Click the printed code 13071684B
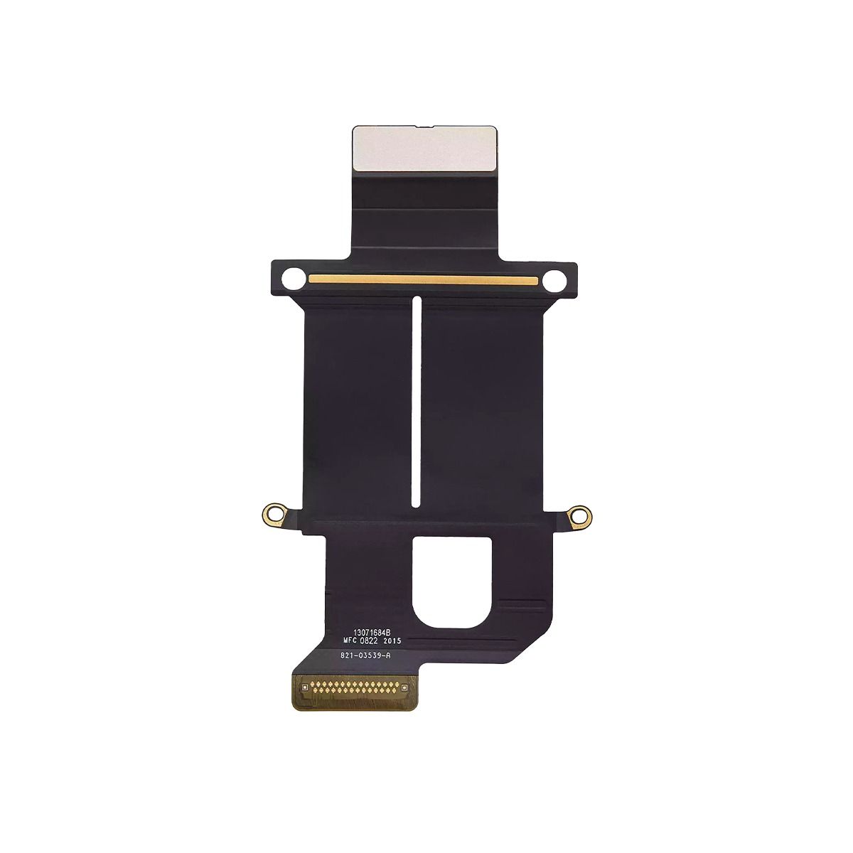point(373,633)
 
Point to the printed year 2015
point(392,640)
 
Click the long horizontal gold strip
point(423,279)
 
